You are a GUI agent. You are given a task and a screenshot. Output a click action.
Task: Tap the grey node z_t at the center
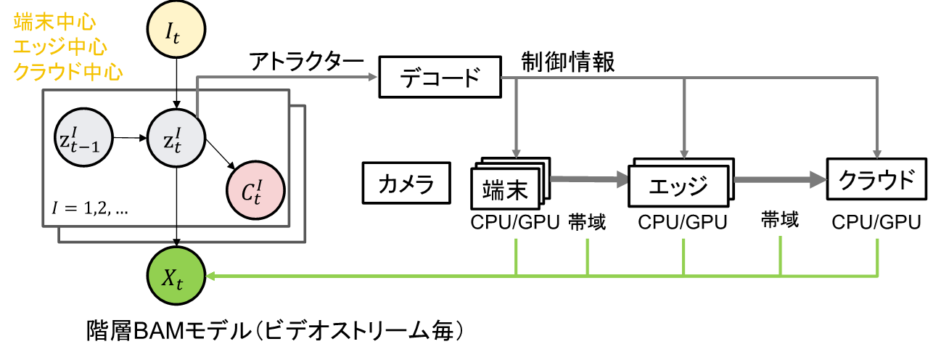177,136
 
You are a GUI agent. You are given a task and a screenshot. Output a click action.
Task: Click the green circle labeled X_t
177,276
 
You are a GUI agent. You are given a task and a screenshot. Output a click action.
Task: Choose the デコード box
440,78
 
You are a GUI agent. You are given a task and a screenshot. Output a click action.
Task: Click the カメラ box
406,184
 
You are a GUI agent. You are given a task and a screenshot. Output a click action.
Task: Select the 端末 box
505,189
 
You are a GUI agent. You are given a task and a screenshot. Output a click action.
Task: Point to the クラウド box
877,179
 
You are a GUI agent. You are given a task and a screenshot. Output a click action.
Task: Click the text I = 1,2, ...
91,208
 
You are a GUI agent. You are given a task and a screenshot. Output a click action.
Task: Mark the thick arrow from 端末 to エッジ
589,179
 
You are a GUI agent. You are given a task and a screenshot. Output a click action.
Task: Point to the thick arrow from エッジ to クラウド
781,179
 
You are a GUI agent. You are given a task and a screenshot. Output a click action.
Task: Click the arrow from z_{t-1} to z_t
131,136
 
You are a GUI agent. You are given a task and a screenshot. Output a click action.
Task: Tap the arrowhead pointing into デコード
374,77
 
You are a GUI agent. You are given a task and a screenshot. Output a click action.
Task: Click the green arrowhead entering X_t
211,276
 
